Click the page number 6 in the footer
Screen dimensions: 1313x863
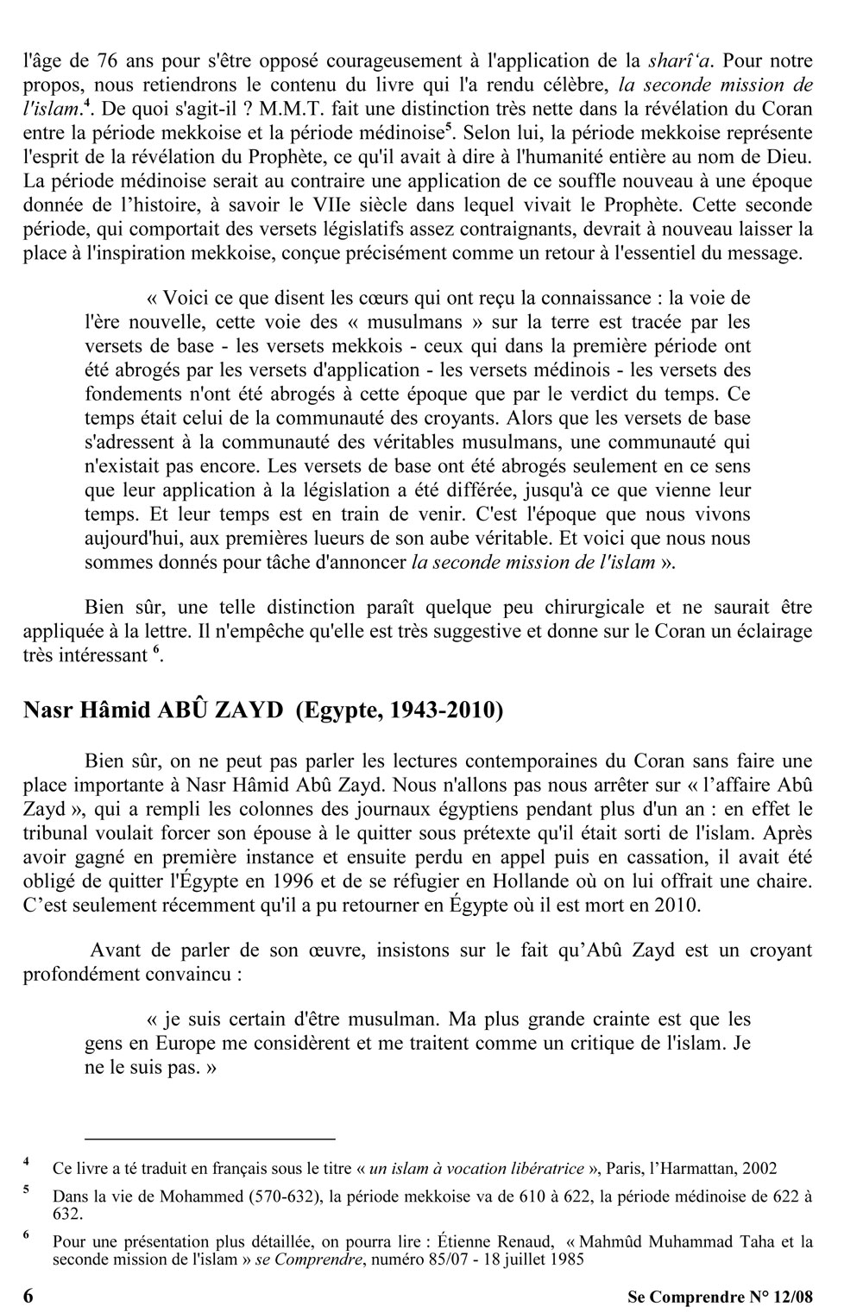pyautogui.click(x=29, y=1296)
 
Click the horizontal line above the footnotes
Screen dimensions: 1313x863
pyautogui.click(x=209, y=1139)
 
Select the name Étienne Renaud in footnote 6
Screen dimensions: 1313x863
pyautogui.click(x=487, y=1243)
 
